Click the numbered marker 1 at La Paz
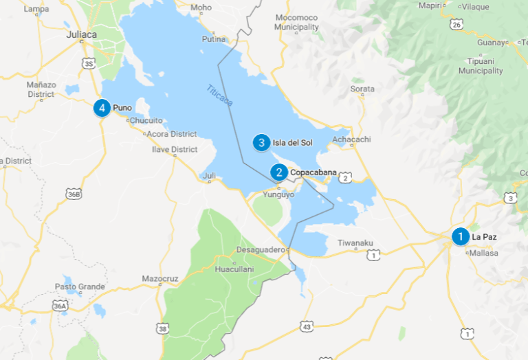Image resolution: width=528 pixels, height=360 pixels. point(460,236)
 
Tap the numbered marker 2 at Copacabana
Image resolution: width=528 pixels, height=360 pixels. point(278,172)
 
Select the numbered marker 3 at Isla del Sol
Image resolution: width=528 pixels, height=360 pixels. point(261,142)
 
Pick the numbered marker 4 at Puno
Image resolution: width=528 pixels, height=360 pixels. point(102,108)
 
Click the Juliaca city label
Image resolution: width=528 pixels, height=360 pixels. point(82,34)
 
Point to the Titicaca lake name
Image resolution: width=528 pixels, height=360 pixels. point(220,96)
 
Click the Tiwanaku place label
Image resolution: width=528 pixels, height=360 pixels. point(355,243)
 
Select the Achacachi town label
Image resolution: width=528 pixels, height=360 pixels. point(351,139)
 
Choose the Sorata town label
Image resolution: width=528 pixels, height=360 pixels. point(362,89)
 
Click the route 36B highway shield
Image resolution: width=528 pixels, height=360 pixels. point(74,194)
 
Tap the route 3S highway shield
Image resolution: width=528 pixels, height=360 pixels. point(89,64)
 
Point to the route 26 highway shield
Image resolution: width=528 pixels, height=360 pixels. point(456,25)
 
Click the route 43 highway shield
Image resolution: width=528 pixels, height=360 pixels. point(306,326)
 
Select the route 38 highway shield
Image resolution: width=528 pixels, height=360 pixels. point(162,329)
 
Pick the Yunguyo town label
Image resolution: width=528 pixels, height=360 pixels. point(279,194)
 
